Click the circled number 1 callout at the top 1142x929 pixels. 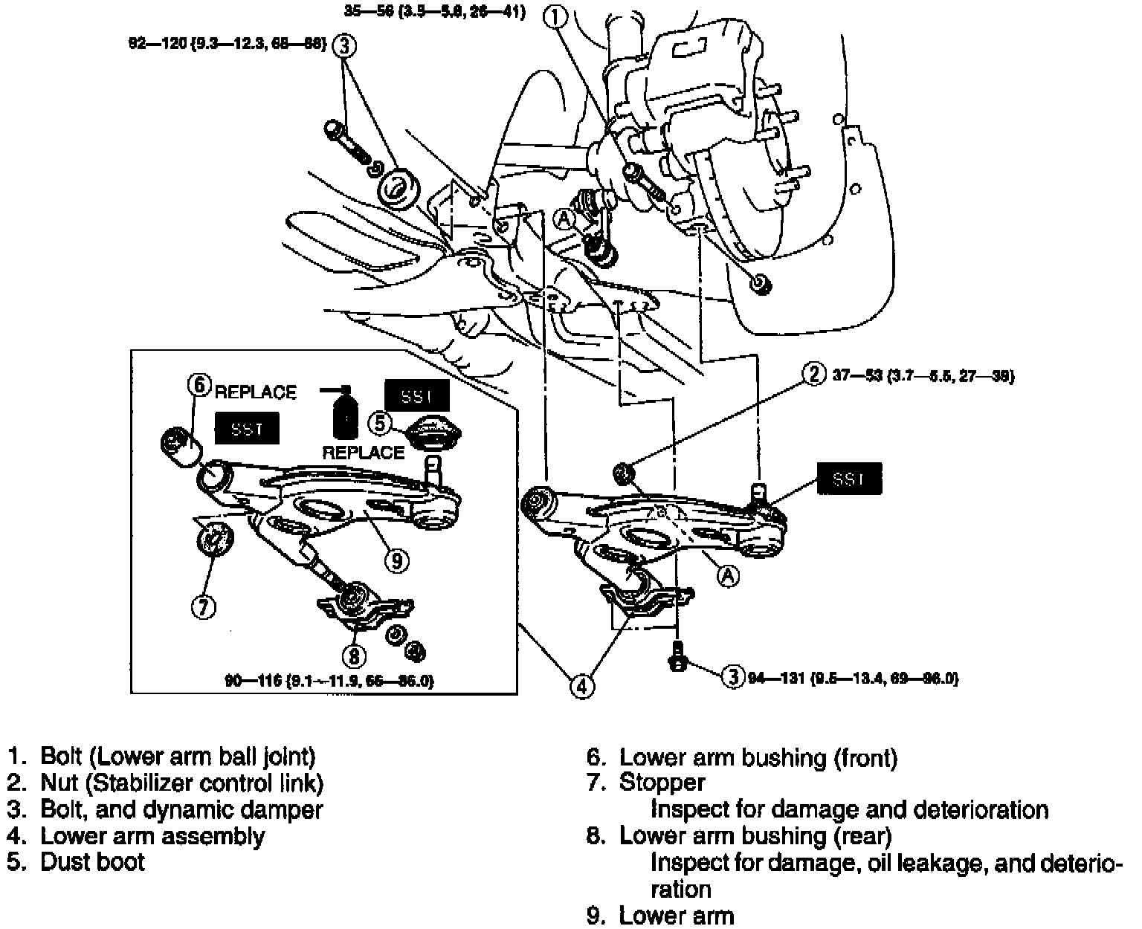[x=555, y=14]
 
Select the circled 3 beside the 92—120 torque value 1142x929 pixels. [x=344, y=46]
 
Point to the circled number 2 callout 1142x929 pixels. [x=814, y=375]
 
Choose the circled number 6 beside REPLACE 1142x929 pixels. [x=199, y=385]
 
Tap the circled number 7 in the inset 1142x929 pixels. [x=203, y=607]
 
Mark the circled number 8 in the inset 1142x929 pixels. [x=354, y=656]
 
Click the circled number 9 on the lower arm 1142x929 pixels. [x=397, y=560]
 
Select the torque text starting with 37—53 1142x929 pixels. [x=923, y=376]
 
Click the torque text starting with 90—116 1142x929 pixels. [x=329, y=680]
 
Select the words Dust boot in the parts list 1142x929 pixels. [x=92, y=862]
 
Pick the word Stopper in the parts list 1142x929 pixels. [x=662, y=783]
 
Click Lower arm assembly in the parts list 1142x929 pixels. [x=152, y=836]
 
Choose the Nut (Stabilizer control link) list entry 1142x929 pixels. [x=181, y=783]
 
